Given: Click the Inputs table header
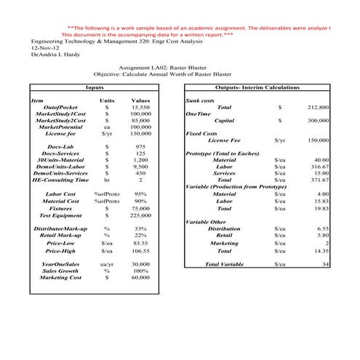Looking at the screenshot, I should [94, 87].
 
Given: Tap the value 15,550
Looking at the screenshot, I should [140, 107].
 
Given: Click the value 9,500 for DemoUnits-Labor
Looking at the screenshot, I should [140, 167].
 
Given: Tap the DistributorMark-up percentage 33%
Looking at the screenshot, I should [141, 228].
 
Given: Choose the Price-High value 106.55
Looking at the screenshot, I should [140, 249].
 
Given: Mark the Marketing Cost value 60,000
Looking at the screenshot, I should [140, 277].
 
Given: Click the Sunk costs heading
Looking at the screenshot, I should [200, 100].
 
